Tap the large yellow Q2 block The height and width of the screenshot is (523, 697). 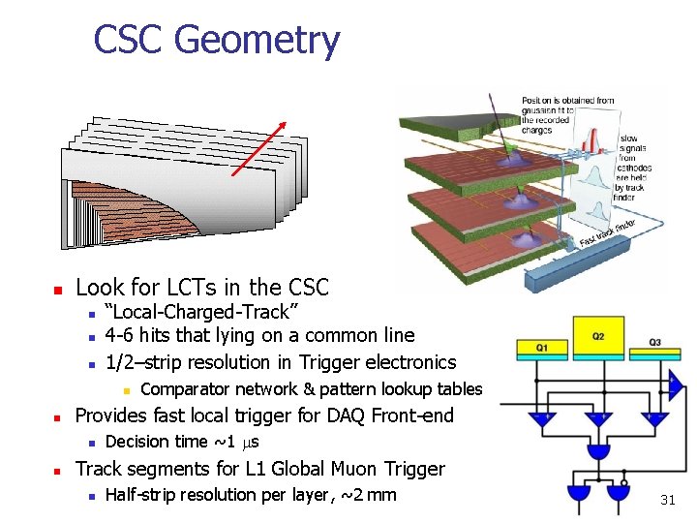click(x=599, y=338)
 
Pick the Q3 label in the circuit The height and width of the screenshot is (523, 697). click(x=655, y=342)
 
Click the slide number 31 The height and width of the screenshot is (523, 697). click(x=667, y=500)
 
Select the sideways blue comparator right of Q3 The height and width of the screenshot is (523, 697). click(x=674, y=385)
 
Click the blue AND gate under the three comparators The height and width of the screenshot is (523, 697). click(x=599, y=451)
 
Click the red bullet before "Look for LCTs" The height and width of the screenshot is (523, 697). click(x=57, y=289)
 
